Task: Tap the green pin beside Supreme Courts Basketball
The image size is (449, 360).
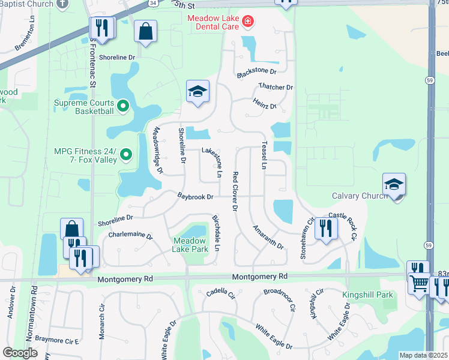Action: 124,107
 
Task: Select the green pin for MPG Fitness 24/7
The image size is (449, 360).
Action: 126,155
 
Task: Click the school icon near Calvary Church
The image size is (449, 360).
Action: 394,185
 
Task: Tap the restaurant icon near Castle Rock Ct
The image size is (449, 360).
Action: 326,228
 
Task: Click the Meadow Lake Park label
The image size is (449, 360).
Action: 190,244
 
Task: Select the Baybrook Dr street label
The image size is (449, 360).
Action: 195,196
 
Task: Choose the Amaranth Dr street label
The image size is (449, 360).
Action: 268,237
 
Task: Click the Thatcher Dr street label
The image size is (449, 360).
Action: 276,86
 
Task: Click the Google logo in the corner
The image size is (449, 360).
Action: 20,353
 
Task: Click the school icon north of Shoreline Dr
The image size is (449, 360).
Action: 197,92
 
